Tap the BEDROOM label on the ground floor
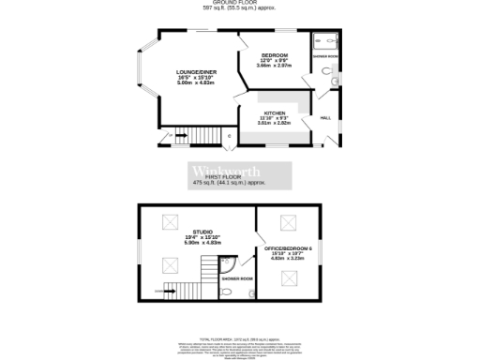(274, 55)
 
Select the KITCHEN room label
(275, 112)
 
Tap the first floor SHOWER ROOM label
(237, 278)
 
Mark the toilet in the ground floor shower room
(336, 82)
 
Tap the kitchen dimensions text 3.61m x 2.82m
(275, 123)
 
